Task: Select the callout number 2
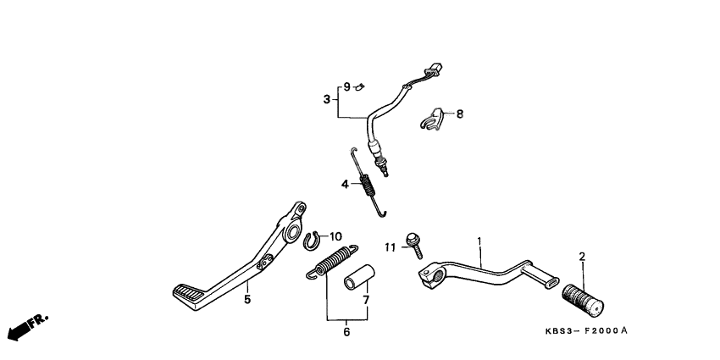582,256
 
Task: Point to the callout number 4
346,184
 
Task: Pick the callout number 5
247,299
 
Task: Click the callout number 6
346,333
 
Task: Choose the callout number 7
366,300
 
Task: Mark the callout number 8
460,114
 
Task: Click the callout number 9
346,86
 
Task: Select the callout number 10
336,235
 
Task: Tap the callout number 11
390,246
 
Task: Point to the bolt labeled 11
414,242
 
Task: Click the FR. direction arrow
26,327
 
